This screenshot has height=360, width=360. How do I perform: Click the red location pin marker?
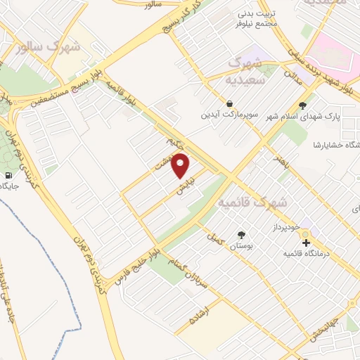(x=181, y=166)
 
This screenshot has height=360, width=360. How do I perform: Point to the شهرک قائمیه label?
(x=253, y=202)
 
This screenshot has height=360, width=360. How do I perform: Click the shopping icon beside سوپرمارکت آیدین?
(x=231, y=103)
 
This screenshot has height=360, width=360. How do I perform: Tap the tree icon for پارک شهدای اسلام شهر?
(x=302, y=106)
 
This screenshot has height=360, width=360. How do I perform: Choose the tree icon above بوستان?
(x=242, y=235)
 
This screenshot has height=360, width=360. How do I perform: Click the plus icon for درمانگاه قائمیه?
(x=306, y=243)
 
